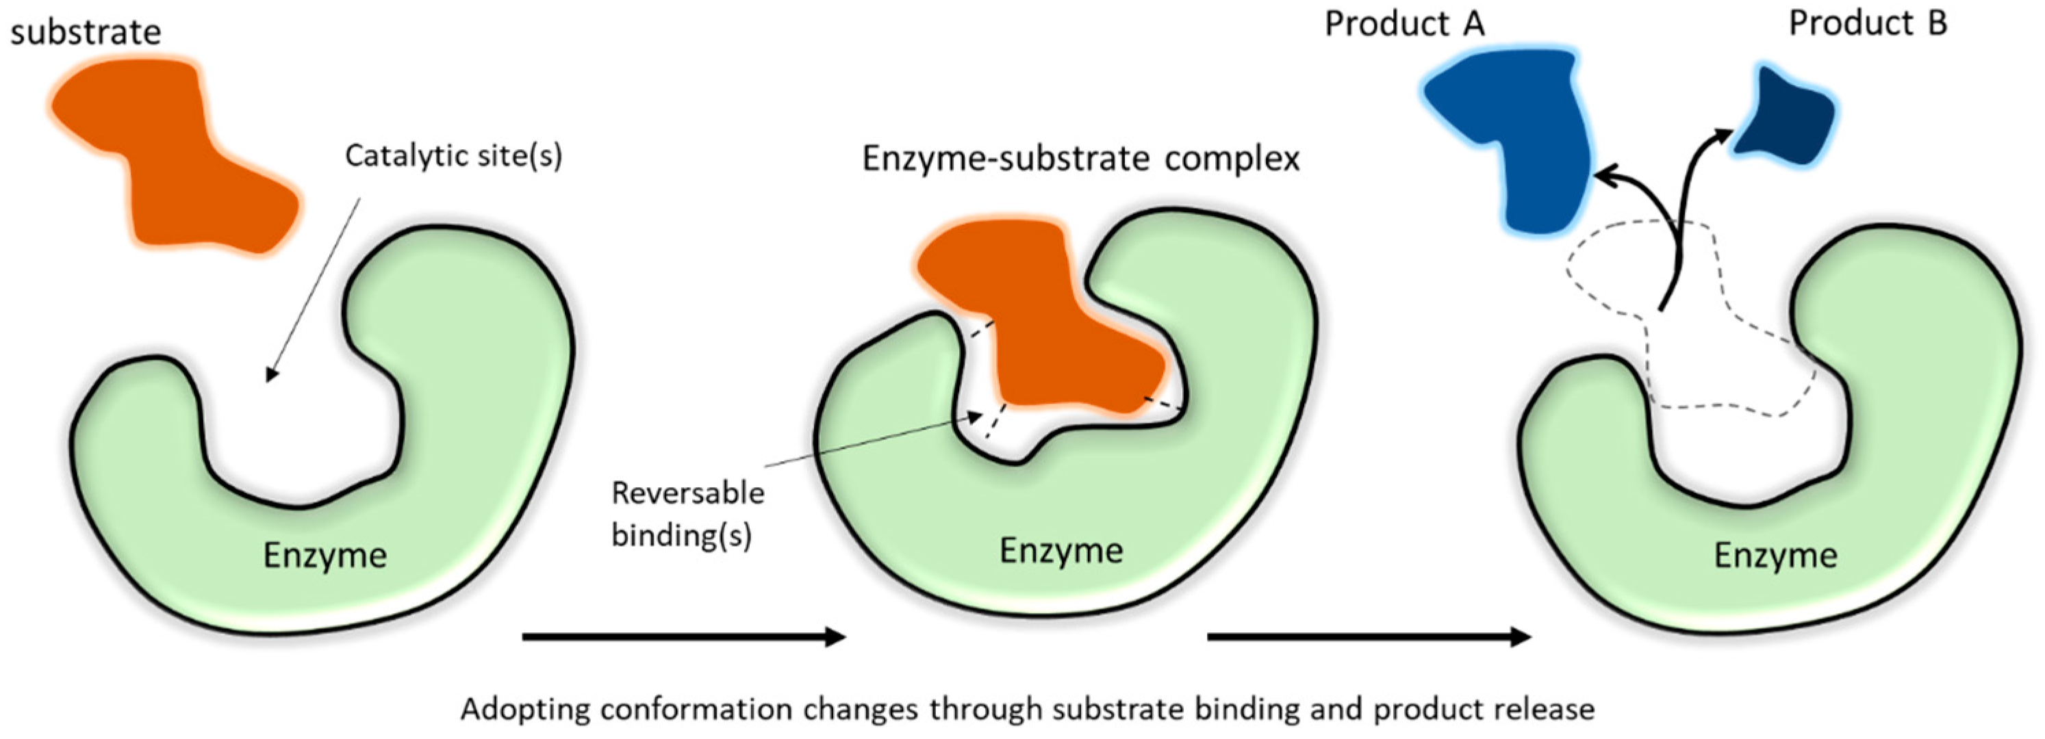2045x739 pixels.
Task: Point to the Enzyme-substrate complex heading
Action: [1080, 159]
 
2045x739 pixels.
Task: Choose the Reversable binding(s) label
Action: [687, 515]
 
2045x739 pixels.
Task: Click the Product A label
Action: [1404, 24]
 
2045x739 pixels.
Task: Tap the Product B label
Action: [1868, 24]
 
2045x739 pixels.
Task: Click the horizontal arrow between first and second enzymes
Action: [683, 636]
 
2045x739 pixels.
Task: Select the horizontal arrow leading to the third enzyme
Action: [1368, 636]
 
